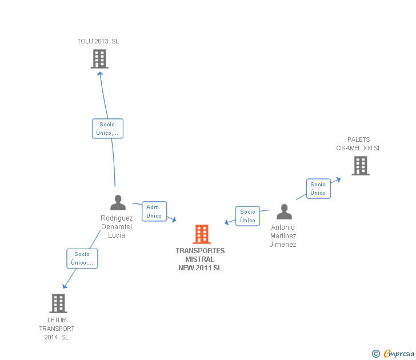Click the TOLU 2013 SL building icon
point(99,58)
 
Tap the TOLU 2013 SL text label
point(98,41)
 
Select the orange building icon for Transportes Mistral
point(201,234)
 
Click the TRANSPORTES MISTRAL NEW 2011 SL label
point(200,259)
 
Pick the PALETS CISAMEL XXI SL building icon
point(360,166)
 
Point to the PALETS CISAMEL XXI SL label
point(358,144)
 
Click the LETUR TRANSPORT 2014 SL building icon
point(58,303)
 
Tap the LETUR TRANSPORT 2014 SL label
point(57,329)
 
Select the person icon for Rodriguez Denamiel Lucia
point(118,203)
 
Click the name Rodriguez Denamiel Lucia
point(117,227)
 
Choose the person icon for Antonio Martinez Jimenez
point(284,212)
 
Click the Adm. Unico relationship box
point(154,211)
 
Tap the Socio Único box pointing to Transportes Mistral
point(247,216)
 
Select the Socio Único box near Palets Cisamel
point(318,189)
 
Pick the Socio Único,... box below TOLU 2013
point(107,129)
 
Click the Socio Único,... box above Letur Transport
point(82,258)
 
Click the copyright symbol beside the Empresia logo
point(375,354)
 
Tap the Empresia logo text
point(398,354)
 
